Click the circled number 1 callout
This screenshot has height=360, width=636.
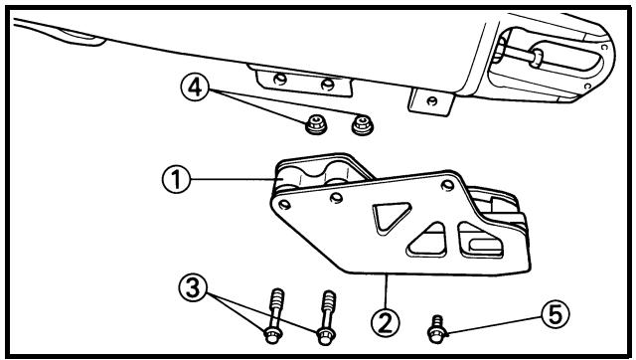pos(176,180)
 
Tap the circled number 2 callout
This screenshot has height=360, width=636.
pos(386,322)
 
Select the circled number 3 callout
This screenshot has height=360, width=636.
pos(193,288)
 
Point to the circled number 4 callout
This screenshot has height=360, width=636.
pos(195,89)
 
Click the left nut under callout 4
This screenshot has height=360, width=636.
pos(316,124)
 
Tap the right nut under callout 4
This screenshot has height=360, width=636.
pos(362,125)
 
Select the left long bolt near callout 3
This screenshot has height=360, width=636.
pos(274,316)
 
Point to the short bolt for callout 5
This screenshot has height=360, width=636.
pos(437,329)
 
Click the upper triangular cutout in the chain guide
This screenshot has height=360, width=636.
pos(391,217)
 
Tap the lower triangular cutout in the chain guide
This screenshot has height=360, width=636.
pos(428,241)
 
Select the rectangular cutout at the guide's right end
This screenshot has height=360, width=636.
pos(481,241)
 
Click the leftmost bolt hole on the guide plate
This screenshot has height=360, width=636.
pos(285,205)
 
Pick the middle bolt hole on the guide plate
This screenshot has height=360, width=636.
pos(336,198)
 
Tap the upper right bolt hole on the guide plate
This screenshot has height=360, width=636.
pos(447,186)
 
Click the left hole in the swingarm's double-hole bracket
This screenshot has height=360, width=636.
pos(280,79)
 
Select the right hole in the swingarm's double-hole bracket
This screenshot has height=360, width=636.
pos(327,85)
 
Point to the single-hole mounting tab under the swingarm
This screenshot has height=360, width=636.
pos(430,101)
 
